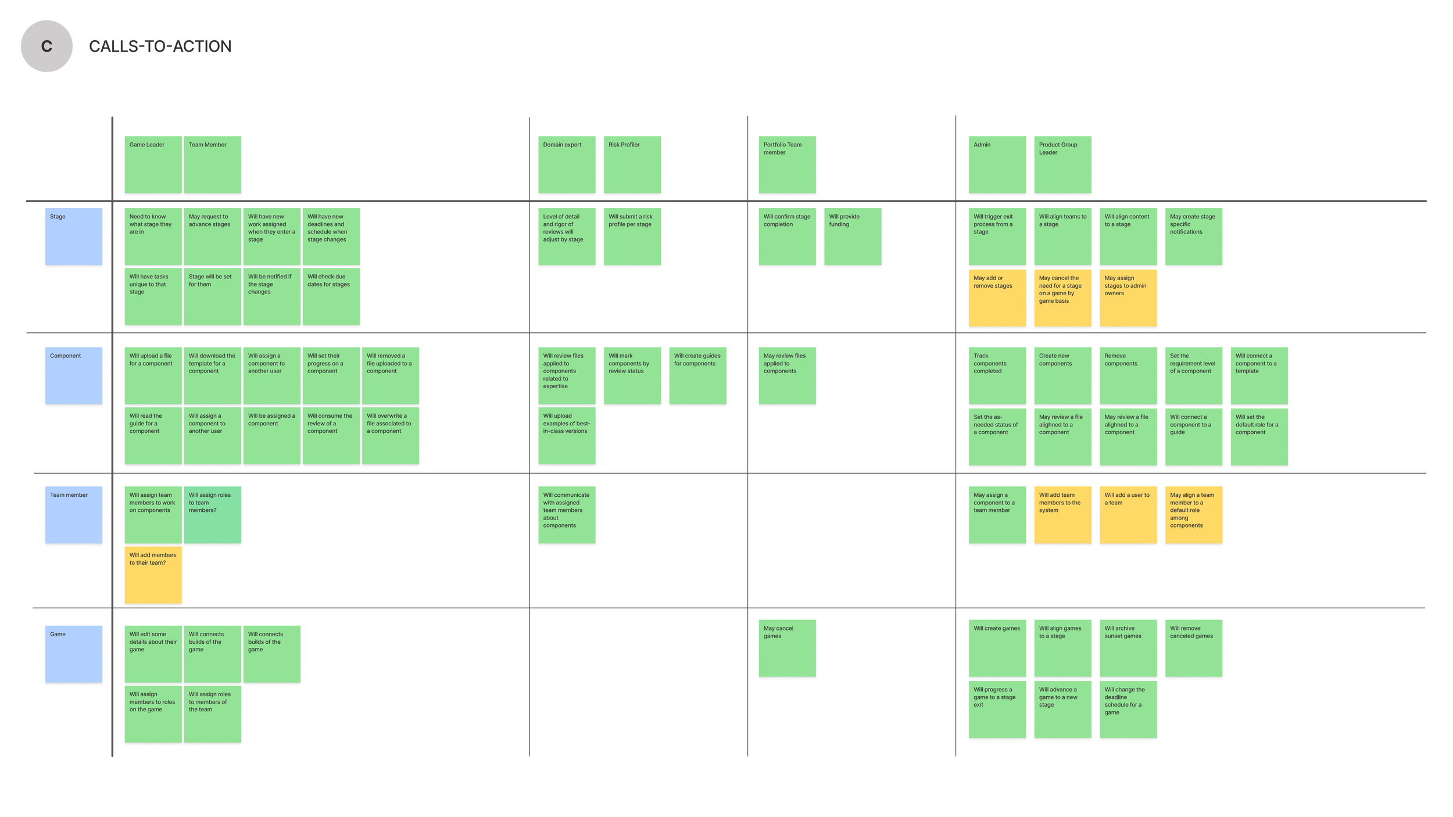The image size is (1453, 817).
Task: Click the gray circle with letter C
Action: tap(46, 46)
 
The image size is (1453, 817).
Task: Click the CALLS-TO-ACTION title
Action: tap(160, 46)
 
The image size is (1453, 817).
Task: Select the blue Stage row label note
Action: tap(74, 236)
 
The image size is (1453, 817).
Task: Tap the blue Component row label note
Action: tap(74, 375)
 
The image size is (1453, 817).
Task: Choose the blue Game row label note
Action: tap(74, 654)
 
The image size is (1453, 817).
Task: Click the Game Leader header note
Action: tap(153, 164)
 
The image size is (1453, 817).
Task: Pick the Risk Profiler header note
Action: tap(632, 164)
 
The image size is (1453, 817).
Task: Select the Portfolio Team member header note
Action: tap(787, 164)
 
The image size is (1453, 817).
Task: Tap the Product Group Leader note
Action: tap(1062, 164)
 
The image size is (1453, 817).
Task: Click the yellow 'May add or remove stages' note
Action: tap(997, 298)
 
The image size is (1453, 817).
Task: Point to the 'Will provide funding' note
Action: tap(852, 236)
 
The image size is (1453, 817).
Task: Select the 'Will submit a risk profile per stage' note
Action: tap(632, 236)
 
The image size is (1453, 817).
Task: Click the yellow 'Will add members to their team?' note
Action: tap(153, 575)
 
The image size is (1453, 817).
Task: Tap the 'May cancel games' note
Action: tap(787, 648)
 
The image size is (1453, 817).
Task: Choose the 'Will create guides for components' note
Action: tap(697, 375)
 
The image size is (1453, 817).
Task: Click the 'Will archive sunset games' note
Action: tap(1128, 648)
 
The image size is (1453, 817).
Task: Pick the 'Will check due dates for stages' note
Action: tap(331, 296)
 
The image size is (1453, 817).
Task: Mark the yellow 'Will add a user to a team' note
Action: tap(1128, 515)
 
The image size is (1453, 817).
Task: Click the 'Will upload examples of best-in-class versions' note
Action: tap(567, 435)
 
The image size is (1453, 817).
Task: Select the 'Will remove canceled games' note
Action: tap(1193, 648)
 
